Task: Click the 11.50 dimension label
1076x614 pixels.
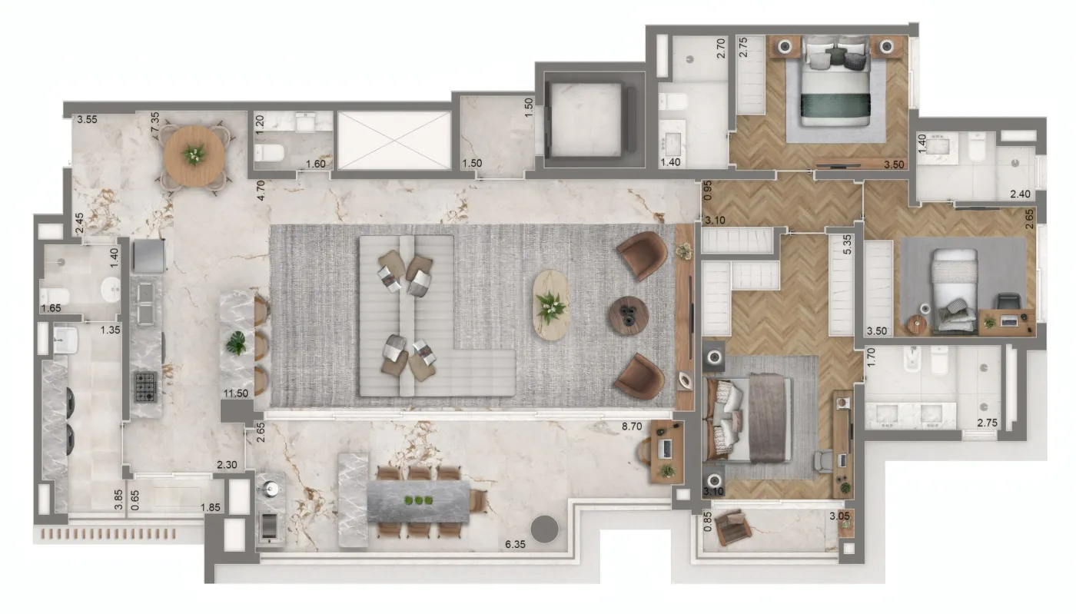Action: (x=236, y=393)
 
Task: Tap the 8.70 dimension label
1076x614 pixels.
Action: (x=632, y=426)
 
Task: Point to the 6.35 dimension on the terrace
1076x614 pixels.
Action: (x=515, y=544)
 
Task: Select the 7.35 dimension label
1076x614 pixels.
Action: (x=154, y=126)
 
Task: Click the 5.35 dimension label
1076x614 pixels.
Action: (x=847, y=244)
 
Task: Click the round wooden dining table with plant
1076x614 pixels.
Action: (x=194, y=156)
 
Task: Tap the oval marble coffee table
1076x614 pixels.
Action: (x=551, y=305)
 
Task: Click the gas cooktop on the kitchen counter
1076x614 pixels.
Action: (x=145, y=387)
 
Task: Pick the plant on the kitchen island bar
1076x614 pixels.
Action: (x=237, y=343)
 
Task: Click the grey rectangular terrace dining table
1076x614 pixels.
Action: (x=418, y=501)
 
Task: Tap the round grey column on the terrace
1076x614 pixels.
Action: (x=545, y=529)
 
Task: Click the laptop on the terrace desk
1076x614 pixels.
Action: (x=666, y=449)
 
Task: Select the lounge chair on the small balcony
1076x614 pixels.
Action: (x=732, y=526)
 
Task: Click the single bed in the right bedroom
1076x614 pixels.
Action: (x=955, y=290)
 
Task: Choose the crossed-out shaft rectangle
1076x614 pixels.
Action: (x=394, y=141)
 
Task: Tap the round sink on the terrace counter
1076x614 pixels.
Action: (x=271, y=489)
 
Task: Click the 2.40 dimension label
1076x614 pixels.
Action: (x=1020, y=194)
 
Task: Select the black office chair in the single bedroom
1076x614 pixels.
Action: (x=1008, y=303)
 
